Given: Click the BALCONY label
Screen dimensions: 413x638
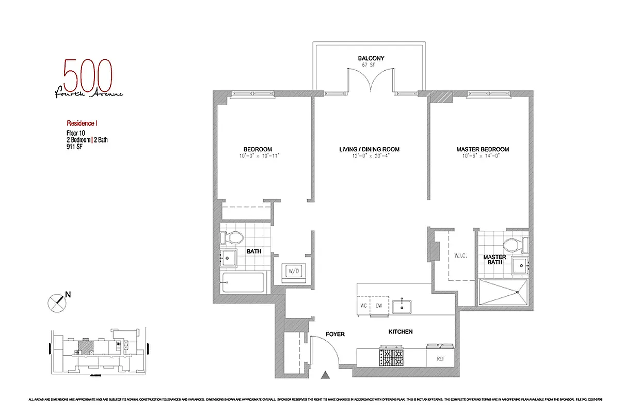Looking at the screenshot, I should click(371, 58).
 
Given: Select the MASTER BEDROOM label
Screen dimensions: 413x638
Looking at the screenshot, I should click(483, 149).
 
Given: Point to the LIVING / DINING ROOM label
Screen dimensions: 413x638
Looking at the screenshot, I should click(369, 149).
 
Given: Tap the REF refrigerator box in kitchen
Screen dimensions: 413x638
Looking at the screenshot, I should click(440, 358).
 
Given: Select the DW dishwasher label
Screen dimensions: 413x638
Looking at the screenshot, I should click(378, 306).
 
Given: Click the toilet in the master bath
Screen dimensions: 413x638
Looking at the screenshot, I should click(513, 245).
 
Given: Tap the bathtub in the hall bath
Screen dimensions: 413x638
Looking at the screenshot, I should click(243, 282).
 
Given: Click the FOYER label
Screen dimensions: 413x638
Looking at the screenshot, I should click(335, 334).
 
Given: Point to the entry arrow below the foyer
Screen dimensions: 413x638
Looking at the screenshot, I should click(325, 375).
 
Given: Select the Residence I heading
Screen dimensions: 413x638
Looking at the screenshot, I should click(82, 123).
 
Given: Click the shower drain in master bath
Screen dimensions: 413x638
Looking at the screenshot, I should click(518, 293).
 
